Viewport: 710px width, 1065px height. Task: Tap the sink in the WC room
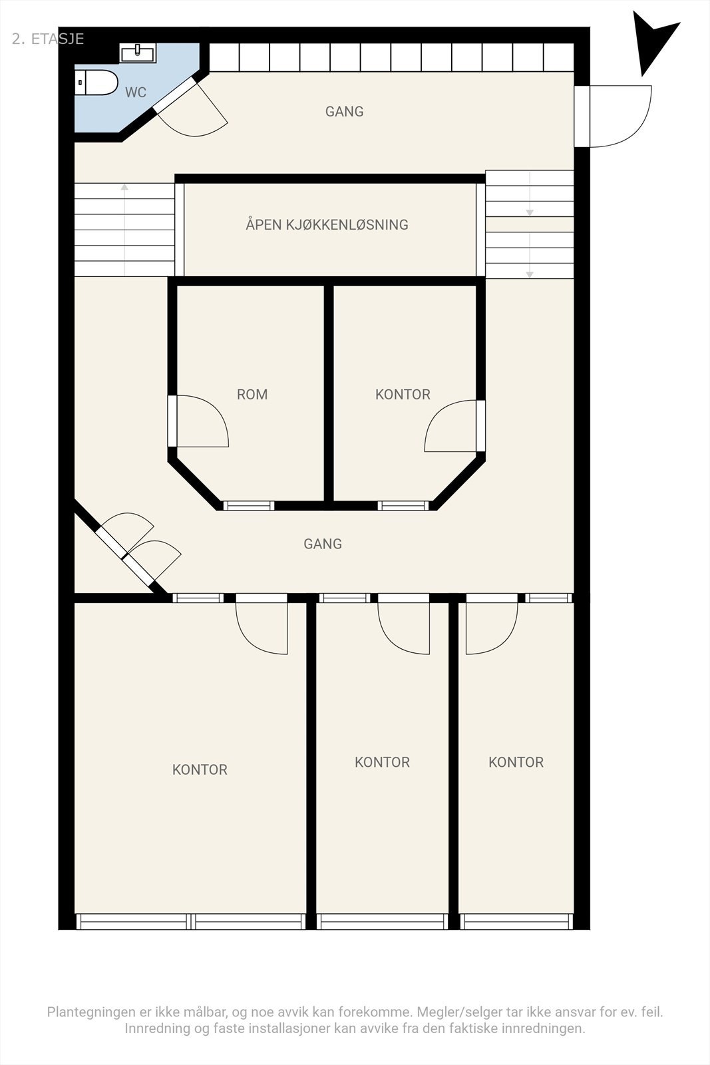coord(138,53)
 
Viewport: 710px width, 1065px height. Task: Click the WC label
coord(136,93)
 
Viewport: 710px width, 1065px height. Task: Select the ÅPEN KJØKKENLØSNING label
coord(327,225)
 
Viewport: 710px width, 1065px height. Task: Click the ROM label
coord(252,395)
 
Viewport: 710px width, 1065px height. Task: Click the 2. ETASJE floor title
coord(48,39)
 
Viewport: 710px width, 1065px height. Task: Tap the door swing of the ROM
coord(203,421)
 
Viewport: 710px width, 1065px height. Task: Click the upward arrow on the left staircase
coord(124,188)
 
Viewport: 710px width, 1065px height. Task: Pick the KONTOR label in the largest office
coord(200,770)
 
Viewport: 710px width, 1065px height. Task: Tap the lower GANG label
coord(323,544)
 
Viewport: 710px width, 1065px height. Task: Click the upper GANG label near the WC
coord(344,112)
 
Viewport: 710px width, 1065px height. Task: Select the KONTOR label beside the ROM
coord(403,395)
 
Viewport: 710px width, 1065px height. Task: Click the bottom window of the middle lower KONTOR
coord(382,921)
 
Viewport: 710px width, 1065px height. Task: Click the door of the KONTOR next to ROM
coord(450,426)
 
